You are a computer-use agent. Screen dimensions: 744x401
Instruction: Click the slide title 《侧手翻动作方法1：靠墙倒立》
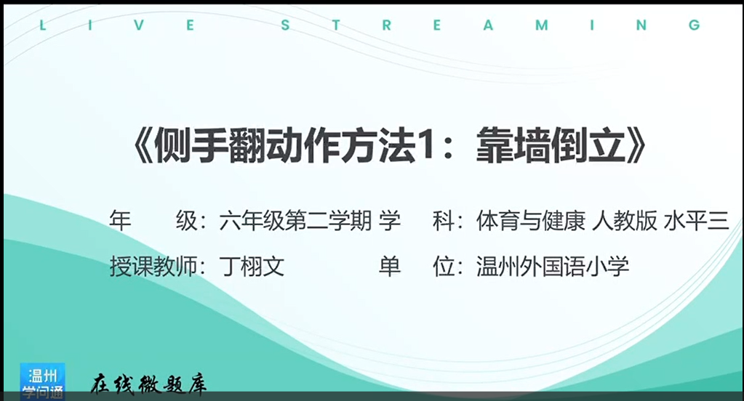coord(390,145)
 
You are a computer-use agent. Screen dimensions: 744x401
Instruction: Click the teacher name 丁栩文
coord(252,267)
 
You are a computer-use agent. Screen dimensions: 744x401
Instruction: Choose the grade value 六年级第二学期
coord(295,221)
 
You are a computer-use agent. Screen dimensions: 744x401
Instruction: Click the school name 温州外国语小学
coord(553,267)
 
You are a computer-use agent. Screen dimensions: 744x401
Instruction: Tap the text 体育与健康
coord(531,221)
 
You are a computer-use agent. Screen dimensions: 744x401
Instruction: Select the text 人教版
coord(625,221)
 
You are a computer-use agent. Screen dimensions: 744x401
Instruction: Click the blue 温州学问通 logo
coord(42,382)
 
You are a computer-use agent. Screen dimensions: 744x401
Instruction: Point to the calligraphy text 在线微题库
coord(148,384)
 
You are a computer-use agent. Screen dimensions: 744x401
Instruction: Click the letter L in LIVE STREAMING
coord(43,25)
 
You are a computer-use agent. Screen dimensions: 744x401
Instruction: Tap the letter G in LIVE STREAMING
coord(694,25)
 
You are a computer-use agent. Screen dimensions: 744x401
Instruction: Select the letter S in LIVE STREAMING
coord(285,25)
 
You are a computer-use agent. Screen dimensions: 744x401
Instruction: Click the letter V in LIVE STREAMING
coord(139,25)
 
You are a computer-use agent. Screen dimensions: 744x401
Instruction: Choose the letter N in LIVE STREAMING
coord(641,25)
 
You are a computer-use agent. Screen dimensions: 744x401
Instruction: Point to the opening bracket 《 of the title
coord(143,145)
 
